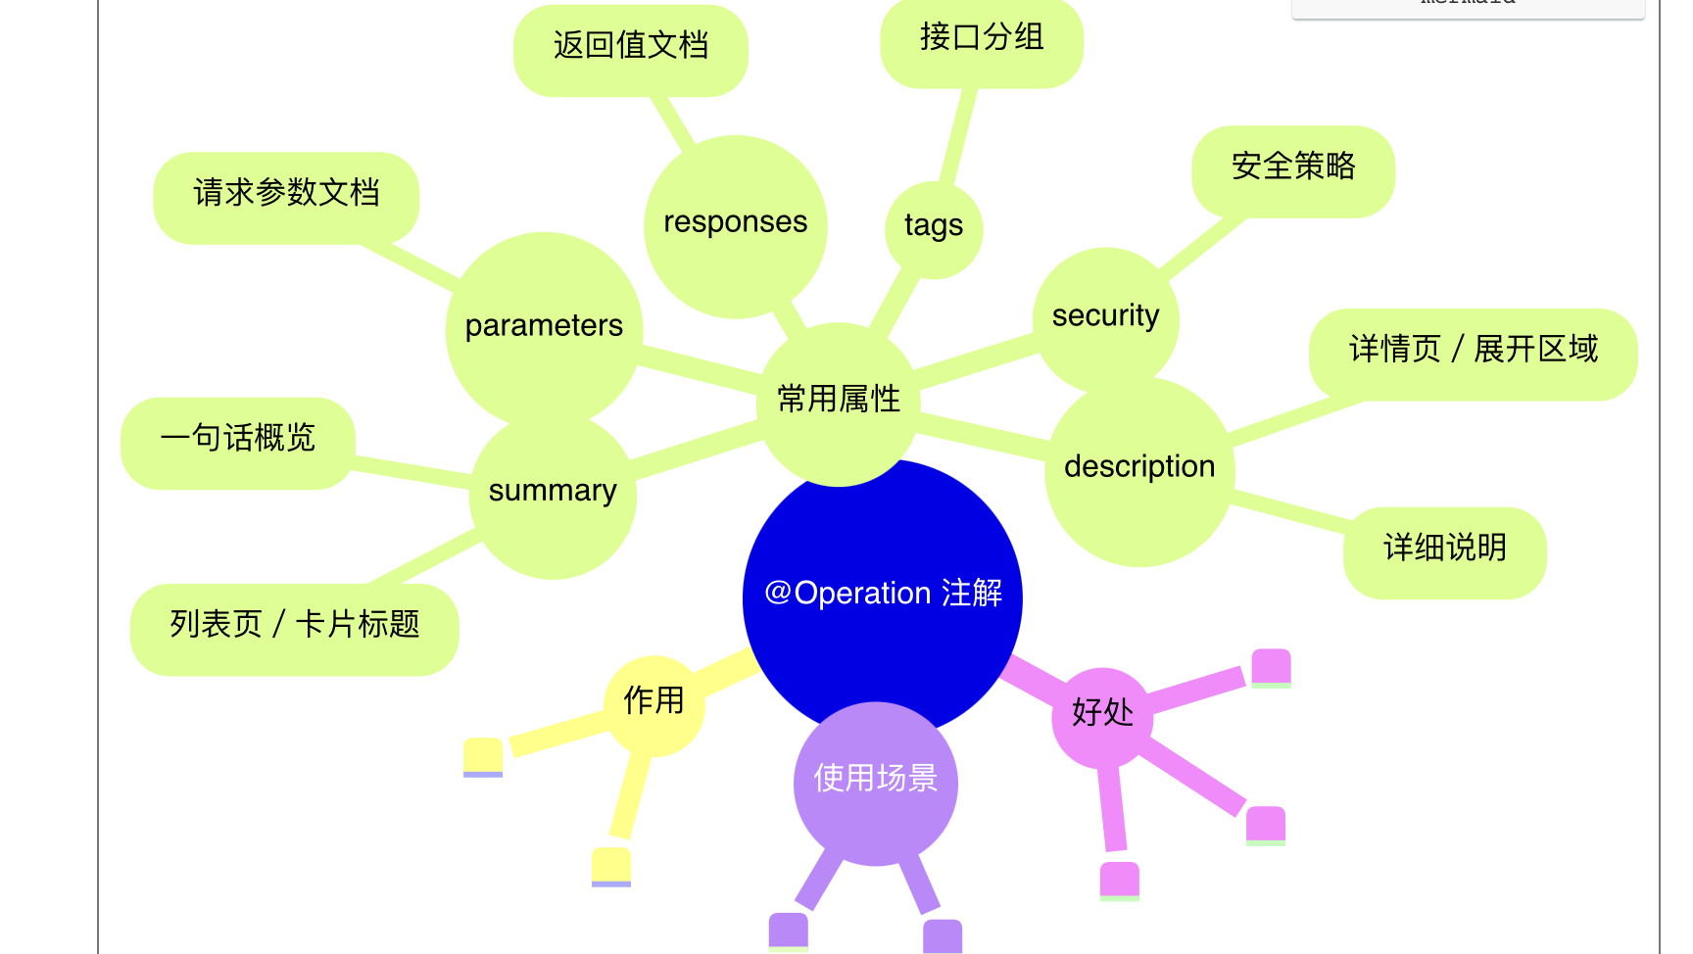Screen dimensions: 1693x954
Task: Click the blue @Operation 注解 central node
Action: pos(883,594)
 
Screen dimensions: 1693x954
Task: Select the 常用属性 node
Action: pos(839,400)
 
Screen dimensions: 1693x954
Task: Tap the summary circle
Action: pos(553,491)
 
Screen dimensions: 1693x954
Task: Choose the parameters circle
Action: pos(544,326)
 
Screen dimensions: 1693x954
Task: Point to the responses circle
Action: pos(735,223)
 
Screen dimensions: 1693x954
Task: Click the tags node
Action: pos(934,227)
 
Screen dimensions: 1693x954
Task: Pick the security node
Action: pos(1105,316)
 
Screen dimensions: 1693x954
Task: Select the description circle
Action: pos(1139,467)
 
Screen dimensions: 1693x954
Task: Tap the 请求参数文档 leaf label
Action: pos(286,194)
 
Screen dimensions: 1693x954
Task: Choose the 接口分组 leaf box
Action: pos(982,39)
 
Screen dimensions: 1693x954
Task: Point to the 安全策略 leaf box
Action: pos(1293,167)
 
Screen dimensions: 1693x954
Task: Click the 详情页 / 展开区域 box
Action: pos(1473,351)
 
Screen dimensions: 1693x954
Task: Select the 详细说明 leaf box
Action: pos(1445,549)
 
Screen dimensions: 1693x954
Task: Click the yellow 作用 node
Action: pos(653,702)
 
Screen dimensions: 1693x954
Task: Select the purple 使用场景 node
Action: pos(876,780)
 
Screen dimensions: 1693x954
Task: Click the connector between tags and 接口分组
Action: pos(957,136)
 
